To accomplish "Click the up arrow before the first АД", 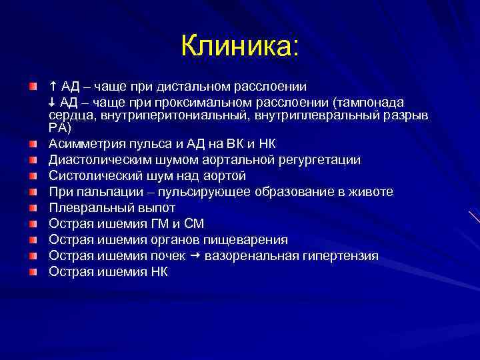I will point(52,86).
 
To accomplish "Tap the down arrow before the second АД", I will point(52,102).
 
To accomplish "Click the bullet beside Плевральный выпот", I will point(33,208).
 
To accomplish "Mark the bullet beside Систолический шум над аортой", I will point(33,176).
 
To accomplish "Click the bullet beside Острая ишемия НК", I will point(33,272).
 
